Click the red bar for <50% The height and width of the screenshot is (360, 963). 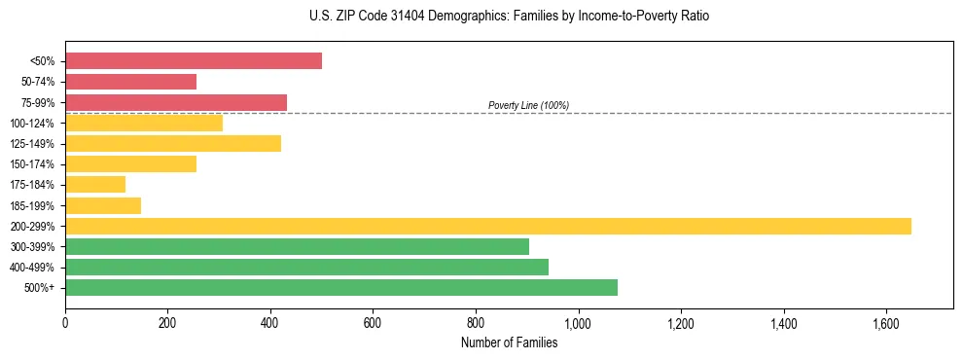[194, 61]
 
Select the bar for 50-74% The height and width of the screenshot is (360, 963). [130, 82]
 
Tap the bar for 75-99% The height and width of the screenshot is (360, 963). [176, 102]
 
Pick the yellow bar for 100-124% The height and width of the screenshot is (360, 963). [144, 123]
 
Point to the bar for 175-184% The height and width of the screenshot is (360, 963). [95, 185]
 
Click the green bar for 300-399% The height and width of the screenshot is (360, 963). [297, 246]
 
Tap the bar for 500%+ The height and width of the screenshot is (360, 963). [341, 287]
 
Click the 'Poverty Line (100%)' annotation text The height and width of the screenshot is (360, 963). [528, 105]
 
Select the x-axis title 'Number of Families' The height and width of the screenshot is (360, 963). [509, 342]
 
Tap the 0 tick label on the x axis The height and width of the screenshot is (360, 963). [65, 322]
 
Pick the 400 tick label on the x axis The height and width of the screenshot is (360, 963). [270, 322]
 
